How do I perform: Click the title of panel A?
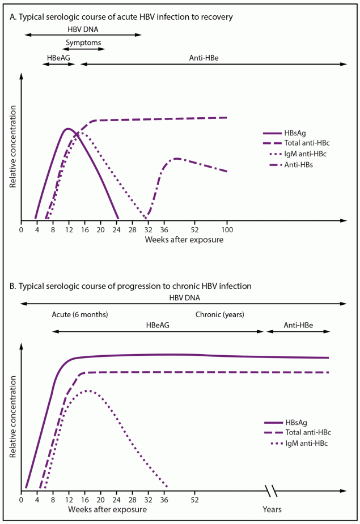point(121,17)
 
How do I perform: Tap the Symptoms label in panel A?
point(83,43)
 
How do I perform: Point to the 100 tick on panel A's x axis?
point(227,229)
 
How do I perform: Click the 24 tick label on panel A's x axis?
point(116,229)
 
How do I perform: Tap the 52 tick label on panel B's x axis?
point(195,500)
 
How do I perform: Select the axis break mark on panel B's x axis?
point(271,489)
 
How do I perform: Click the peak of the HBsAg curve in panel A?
point(68,129)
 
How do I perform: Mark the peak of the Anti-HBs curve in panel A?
point(177,158)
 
